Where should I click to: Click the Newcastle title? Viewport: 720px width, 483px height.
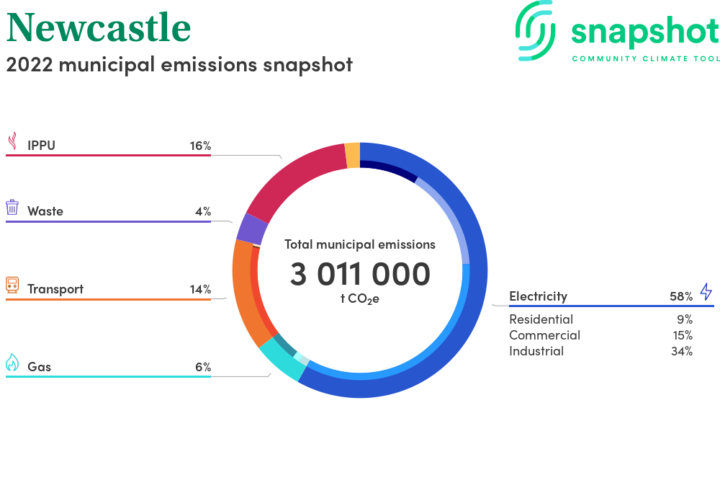click(x=99, y=28)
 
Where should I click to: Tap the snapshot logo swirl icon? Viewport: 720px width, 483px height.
click(x=535, y=30)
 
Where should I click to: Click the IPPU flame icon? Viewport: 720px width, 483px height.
click(x=13, y=141)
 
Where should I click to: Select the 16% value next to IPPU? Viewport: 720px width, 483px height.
click(x=201, y=146)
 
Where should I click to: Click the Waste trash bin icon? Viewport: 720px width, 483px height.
click(x=12, y=208)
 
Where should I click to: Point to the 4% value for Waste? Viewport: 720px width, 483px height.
click(x=203, y=211)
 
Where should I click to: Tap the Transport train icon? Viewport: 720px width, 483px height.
click(x=12, y=285)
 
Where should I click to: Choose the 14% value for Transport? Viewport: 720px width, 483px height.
click(x=201, y=289)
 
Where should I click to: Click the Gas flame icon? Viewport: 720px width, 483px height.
click(x=12, y=362)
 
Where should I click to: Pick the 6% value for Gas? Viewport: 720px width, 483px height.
click(x=203, y=367)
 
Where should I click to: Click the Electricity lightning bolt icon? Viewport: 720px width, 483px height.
click(x=706, y=292)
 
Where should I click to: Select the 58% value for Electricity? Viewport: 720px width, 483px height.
click(x=681, y=296)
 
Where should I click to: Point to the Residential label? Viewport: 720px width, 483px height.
click(x=541, y=319)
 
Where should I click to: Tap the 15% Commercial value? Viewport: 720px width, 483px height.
click(x=683, y=335)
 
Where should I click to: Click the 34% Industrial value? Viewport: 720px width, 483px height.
click(x=682, y=351)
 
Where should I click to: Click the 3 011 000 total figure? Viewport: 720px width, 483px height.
click(x=360, y=274)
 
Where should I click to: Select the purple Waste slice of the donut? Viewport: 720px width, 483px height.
click(x=251, y=229)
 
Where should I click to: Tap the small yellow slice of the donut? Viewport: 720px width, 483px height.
click(x=353, y=155)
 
